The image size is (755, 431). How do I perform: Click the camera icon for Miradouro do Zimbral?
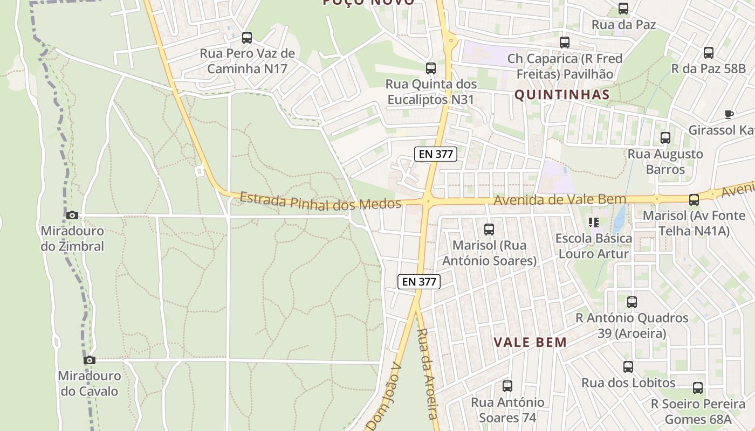[72, 215]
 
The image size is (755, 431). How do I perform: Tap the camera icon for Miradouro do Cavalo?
[90, 360]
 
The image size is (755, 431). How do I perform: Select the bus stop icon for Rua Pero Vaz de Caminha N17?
[247, 38]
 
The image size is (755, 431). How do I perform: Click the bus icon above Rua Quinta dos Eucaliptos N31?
[431, 68]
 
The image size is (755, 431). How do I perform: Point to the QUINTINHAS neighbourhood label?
[562, 95]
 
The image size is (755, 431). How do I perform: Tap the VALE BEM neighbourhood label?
[531, 342]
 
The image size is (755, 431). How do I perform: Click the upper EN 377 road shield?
[436, 154]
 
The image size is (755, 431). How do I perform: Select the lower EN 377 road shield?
[419, 281]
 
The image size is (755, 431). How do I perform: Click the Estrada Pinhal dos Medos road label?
[320, 201]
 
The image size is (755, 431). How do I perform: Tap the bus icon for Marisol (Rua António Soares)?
[489, 230]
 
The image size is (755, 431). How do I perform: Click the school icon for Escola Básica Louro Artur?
[594, 223]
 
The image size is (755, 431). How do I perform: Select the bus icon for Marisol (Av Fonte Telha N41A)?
[694, 200]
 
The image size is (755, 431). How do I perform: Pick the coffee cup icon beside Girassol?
[729, 114]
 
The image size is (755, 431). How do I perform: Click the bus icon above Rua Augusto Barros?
[665, 138]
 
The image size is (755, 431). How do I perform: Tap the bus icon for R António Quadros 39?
[632, 302]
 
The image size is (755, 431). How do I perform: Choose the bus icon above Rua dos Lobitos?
[628, 367]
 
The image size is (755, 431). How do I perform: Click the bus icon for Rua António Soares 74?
[507, 386]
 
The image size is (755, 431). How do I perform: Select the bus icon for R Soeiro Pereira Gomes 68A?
[698, 388]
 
